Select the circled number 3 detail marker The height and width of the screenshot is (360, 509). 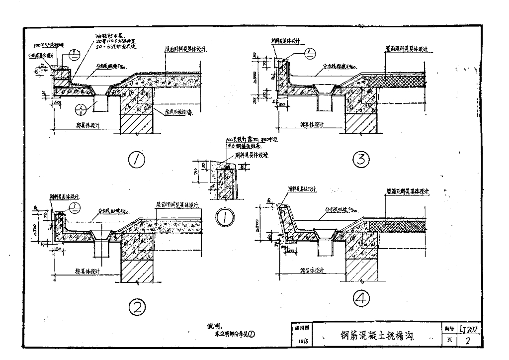tap(360, 160)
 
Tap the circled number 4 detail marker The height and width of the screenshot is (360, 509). tap(361, 298)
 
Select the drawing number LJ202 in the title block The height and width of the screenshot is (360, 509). tap(470, 328)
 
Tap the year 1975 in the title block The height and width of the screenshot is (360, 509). tap(303, 342)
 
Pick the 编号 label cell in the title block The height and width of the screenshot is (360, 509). tap(446, 329)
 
